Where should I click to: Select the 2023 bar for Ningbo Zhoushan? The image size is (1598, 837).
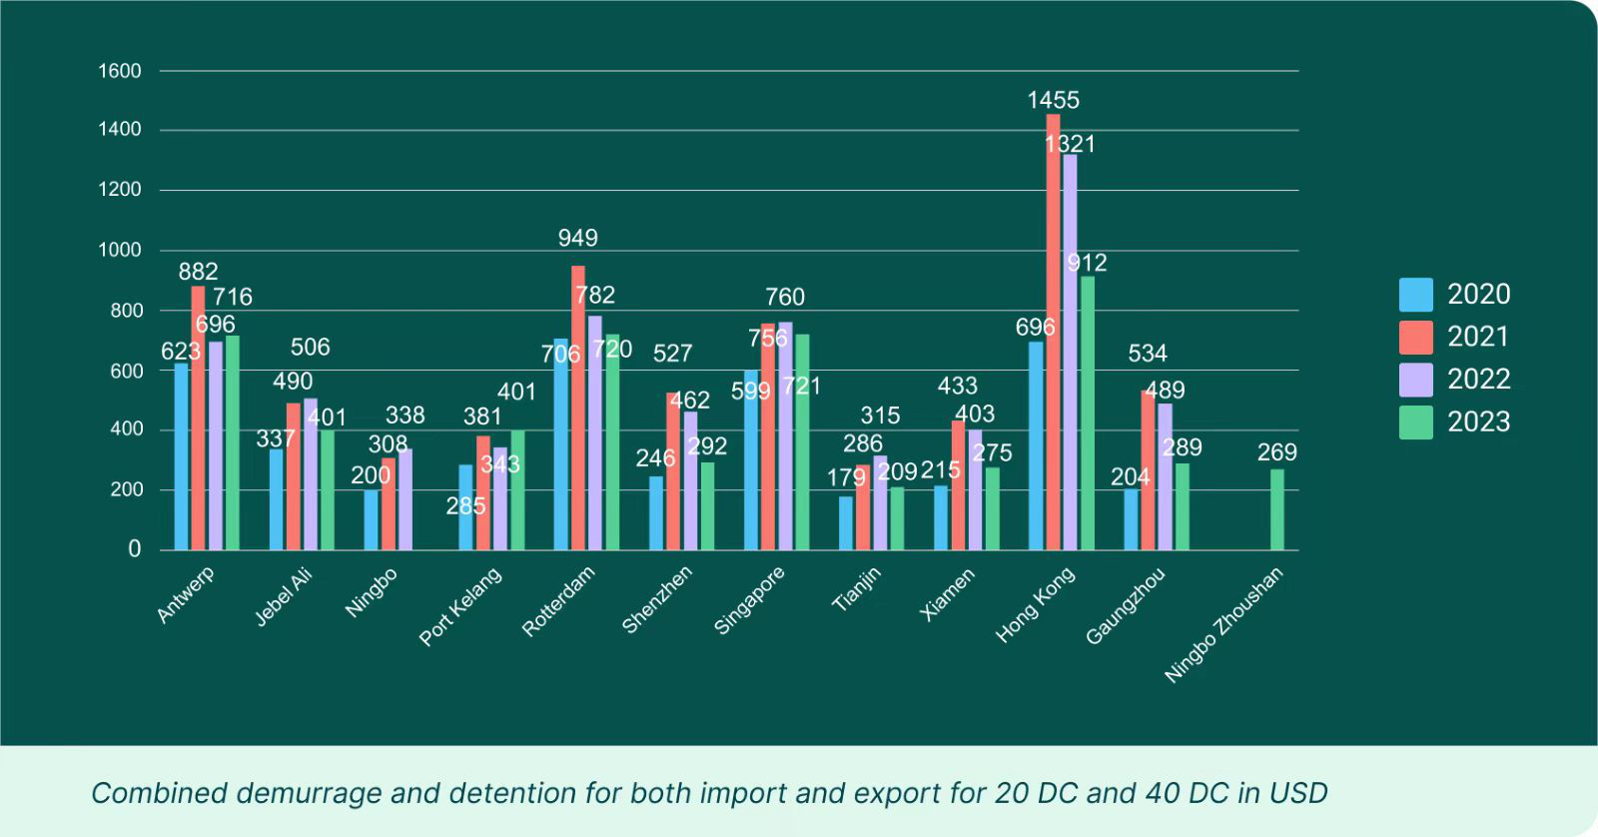1276,509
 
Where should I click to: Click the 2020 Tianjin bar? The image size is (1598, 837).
846,523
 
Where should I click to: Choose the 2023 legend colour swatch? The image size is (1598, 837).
1415,422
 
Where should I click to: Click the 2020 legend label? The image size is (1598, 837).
1478,295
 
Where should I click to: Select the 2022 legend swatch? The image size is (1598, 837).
1415,380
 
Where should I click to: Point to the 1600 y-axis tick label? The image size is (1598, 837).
120,71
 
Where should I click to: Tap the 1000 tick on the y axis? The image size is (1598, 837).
120,250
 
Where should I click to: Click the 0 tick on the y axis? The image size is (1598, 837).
134,548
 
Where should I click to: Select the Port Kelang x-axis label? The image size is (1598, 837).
460,606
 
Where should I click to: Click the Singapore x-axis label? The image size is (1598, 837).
749,600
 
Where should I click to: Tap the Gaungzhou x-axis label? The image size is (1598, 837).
1126,606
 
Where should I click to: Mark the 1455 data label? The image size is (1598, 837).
1053,100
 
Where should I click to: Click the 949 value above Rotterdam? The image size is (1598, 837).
577,238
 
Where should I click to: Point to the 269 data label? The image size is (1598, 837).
1276,452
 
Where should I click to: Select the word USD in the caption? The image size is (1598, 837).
1298,793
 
